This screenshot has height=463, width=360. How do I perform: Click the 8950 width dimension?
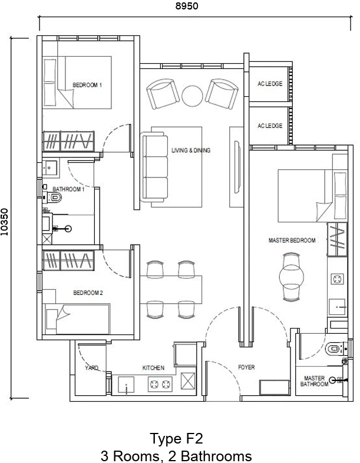[x=187, y=6]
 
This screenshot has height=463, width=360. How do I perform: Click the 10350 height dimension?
[x=5, y=222]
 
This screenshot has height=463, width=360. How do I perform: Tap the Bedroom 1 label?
[x=87, y=85]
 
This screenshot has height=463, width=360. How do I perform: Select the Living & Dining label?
[x=191, y=150]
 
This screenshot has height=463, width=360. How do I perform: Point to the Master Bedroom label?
[x=292, y=241]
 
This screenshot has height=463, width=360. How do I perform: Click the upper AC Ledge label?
[x=270, y=84]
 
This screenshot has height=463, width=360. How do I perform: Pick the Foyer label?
[x=246, y=367]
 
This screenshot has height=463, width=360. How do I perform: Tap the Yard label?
[x=92, y=368]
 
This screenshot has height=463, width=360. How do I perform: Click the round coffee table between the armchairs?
[x=193, y=96]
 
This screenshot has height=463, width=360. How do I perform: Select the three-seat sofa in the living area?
[x=154, y=167]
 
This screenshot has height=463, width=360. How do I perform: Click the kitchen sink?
[x=126, y=385]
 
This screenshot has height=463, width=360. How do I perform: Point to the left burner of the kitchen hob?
[x=154, y=384]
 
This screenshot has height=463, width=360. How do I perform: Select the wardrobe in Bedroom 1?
[x=69, y=141]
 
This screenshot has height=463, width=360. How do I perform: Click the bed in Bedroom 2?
[x=77, y=319]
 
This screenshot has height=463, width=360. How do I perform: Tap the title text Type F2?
[x=176, y=438]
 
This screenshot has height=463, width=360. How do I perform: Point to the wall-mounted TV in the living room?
[x=237, y=167]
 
